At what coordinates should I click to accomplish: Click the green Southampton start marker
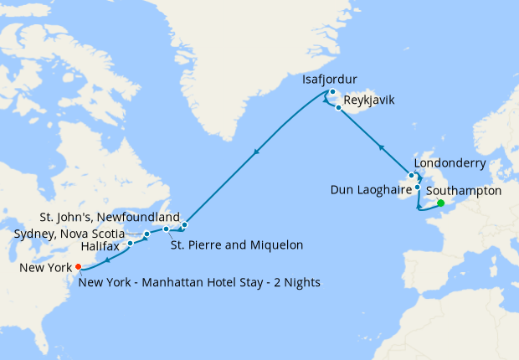pyautogui.click(x=440, y=203)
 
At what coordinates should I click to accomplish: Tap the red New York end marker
pyautogui.click(x=79, y=267)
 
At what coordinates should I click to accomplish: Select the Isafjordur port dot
pyautogui.click(x=332, y=92)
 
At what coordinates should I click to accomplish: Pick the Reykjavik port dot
pyautogui.click(x=338, y=108)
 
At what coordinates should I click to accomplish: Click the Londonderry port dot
pyautogui.click(x=411, y=176)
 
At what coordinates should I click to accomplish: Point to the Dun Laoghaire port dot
pyautogui.click(x=417, y=188)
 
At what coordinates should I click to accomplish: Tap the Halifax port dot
pyautogui.click(x=131, y=244)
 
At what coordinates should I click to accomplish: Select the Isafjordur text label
pyautogui.click(x=331, y=80)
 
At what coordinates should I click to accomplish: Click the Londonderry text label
pyautogui.click(x=450, y=162)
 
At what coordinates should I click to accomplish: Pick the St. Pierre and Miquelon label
pyautogui.click(x=236, y=245)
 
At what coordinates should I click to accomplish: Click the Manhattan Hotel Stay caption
pyautogui.click(x=200, y=282)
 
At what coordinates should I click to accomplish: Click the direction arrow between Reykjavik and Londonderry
pyautogui.click(x=381, y=147)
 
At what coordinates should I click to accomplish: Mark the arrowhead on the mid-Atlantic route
pyautogui.click(x=255, y=152)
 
